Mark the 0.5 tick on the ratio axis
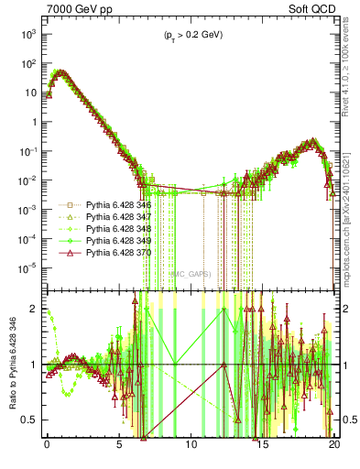pos(33,420)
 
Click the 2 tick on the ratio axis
pos(38,309)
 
